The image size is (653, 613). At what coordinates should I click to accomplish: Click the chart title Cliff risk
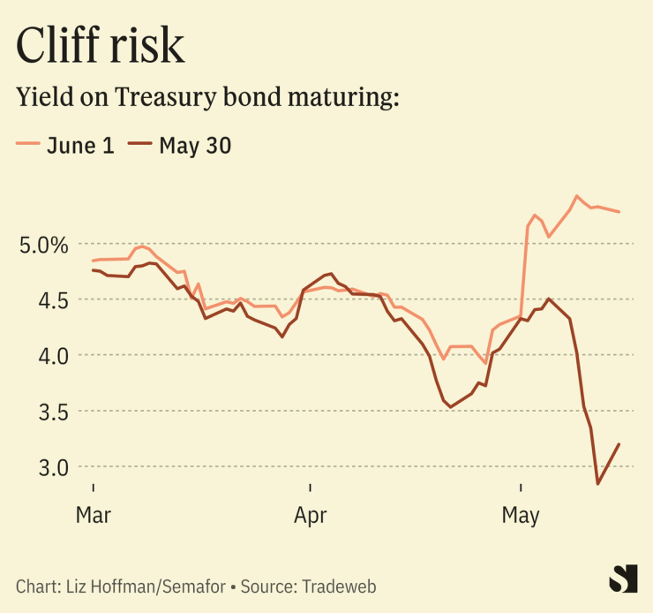coord(101,45)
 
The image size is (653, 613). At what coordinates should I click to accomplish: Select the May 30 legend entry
coord(181,146)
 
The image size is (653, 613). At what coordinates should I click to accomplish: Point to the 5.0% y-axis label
coord(43,244)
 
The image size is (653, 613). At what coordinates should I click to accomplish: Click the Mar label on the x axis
coord(93,515)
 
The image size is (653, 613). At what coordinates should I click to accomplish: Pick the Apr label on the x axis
coord(311,515)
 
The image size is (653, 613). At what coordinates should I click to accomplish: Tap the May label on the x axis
coord(521,515)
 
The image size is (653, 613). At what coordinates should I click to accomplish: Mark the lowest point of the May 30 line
coord(597,484)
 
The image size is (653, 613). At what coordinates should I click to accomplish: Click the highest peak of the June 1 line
coord(576,196)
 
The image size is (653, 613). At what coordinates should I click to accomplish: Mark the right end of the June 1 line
coord(619,212)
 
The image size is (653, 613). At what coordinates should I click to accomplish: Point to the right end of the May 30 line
coord(619,444)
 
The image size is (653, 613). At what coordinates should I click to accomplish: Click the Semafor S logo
coord(623,579)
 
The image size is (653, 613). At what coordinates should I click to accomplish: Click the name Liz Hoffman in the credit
coord(107,586)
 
